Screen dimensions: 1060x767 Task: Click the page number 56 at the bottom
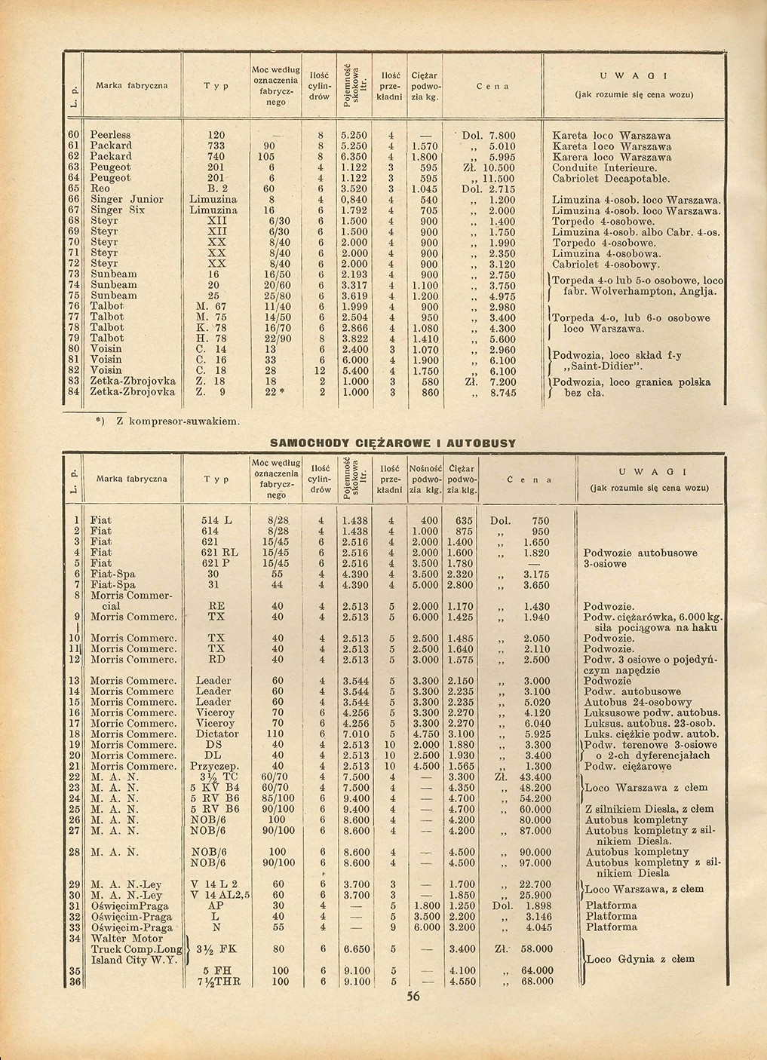click(413, 996)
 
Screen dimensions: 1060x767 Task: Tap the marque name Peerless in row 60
click(110, 135)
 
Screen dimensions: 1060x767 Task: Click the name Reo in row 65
click(100, 188)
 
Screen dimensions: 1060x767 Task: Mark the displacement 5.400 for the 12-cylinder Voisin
click(354, 371)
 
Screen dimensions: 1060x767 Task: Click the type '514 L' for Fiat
click(216, 521)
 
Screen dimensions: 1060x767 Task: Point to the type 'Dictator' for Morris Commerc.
click(216, 733)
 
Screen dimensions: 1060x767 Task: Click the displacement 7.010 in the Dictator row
click(354, 733)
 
